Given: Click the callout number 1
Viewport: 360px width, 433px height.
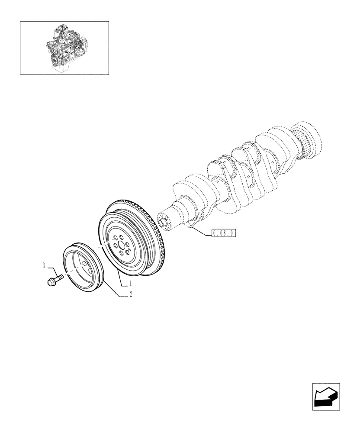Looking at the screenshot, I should tap(129, 284).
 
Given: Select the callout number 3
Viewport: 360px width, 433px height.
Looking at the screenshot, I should tap(44, 266).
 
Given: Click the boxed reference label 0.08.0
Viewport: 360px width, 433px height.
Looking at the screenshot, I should tap(223, 233).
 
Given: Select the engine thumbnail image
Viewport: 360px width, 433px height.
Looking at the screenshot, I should tap(64, 48).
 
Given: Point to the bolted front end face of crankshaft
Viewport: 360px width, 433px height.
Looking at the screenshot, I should tap(164, 222).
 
